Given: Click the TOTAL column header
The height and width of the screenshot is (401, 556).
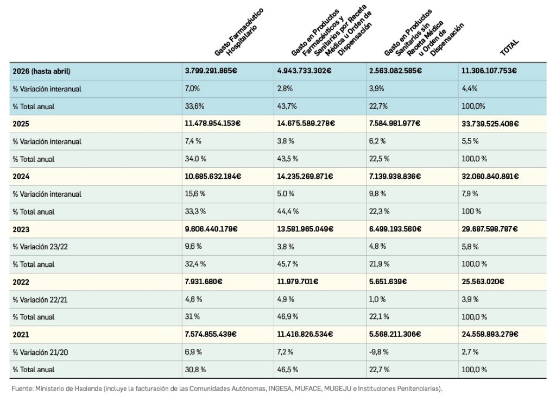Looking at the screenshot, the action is tap(509, 47).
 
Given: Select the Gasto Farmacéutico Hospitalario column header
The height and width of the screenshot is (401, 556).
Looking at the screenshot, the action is tap(239, 33).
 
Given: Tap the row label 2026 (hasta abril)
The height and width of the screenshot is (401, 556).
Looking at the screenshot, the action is tap(41, 71).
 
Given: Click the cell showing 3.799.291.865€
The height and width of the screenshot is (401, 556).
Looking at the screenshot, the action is tap(211, 71).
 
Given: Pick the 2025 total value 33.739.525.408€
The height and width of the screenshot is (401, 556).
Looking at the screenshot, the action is tap(490, 123).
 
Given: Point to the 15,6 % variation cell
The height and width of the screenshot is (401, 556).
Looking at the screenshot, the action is tap(195, 194).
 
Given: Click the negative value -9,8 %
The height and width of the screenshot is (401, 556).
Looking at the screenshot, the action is tap(378, 352).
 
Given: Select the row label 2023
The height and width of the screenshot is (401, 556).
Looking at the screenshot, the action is tap(21, 229).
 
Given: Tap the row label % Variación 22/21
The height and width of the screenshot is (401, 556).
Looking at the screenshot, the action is tap(40, 299).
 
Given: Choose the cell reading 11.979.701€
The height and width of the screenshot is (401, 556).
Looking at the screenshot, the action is tap(298, 281).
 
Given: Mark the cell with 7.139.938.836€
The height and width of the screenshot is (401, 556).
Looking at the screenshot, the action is tap(395, 176).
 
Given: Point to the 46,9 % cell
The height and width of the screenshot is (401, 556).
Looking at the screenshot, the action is tap(288, 317).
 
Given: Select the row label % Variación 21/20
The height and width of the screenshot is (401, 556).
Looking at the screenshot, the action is tap(40, 353).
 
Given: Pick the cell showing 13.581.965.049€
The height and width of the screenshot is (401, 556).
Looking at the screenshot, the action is tap(305, 229).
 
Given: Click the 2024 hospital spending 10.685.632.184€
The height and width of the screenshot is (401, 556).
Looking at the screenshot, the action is tap(213, 176).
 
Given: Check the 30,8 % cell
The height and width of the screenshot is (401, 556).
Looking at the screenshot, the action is tap(195, 369).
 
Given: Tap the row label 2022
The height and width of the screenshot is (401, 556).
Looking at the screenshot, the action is tap(21, 282).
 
